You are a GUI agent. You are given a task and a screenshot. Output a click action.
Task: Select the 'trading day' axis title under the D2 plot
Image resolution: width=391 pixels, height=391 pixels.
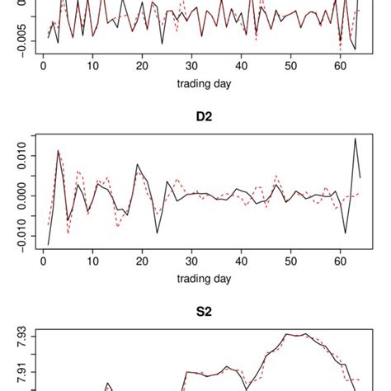tap(202, 279)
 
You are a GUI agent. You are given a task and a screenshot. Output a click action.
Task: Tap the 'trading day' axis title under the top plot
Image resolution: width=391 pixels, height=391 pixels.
tap(202, 83)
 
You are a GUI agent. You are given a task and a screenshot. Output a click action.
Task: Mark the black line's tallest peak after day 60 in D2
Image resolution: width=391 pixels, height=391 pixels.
tap(356, 139)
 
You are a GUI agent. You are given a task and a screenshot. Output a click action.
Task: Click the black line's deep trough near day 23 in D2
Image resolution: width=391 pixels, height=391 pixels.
tap(157, 233)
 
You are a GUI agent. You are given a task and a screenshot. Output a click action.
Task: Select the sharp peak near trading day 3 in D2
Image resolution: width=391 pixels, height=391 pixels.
tap(58, 150)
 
